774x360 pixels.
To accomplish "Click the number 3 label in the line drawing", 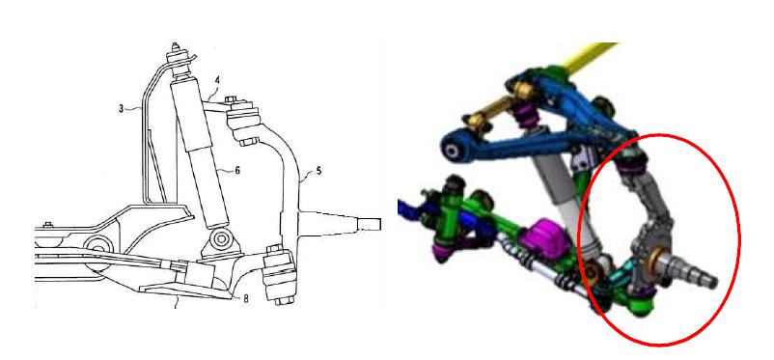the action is (122, 108).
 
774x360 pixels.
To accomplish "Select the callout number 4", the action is (217, 80).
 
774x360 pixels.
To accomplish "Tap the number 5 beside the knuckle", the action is (318, 171).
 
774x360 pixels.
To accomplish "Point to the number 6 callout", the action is (237, 170).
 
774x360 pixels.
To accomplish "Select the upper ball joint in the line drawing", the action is (243, 123).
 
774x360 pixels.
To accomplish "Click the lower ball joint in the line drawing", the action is (279, 274).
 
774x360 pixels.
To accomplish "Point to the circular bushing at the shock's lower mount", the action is (221, 239).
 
